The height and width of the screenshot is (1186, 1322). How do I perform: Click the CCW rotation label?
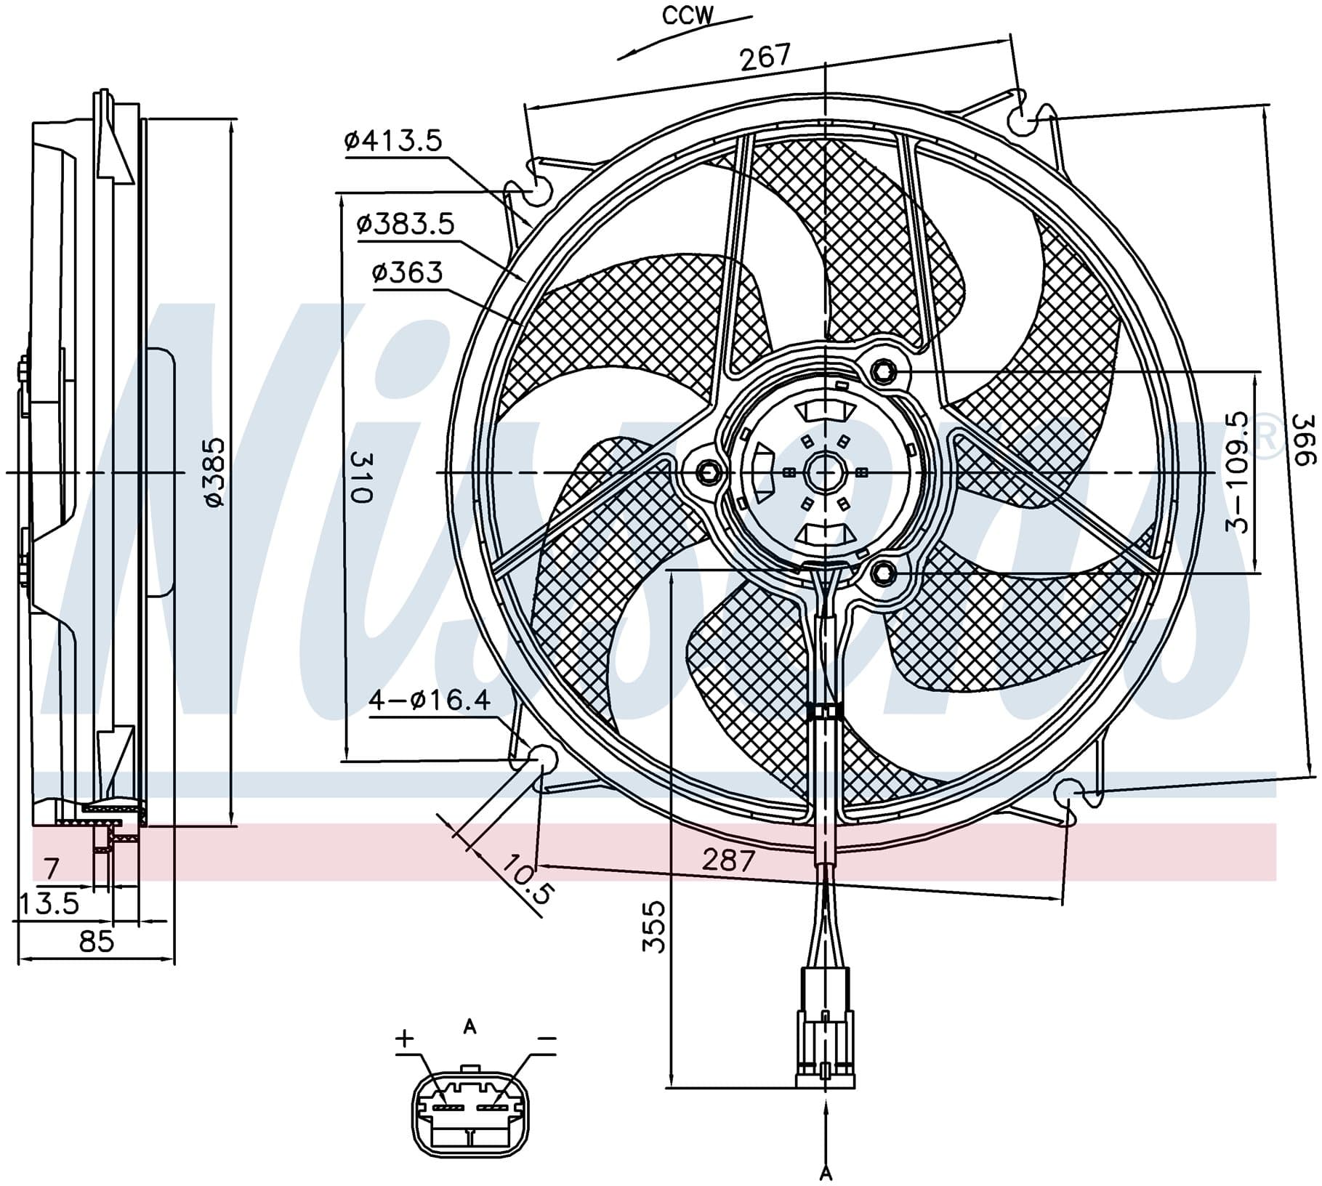coord(688,16)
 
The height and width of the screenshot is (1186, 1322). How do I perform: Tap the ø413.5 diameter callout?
coord(393,140)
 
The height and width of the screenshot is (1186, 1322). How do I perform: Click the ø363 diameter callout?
coord(407,273)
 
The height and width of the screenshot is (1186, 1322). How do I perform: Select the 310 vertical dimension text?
coord(361,476)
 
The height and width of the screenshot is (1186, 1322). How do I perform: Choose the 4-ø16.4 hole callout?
coord(430,701)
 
